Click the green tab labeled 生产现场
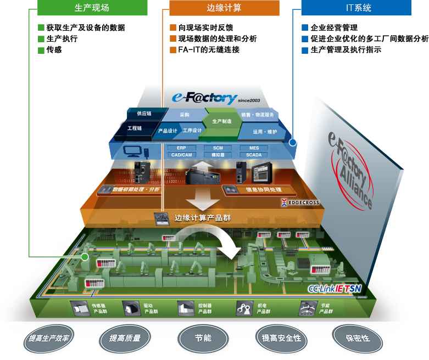92,8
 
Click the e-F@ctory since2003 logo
211,98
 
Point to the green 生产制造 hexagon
222,121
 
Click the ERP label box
182,148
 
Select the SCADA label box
254,155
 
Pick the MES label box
254,148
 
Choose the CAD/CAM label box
182,155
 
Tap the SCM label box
218,148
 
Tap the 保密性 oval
358,338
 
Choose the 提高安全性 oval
281,338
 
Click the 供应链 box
144,114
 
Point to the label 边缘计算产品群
202,218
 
